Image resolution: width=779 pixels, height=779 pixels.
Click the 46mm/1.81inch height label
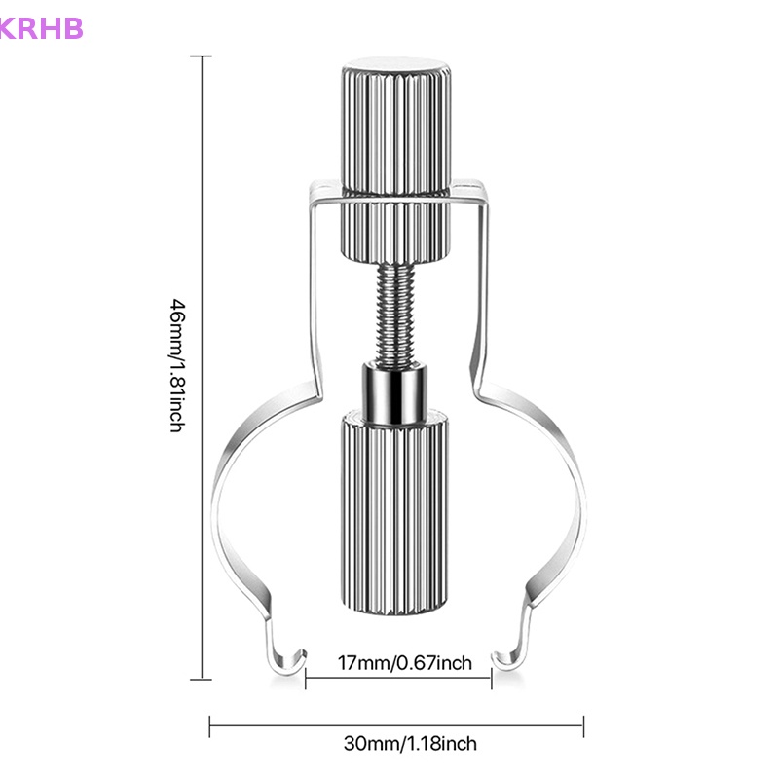tap(176, 366)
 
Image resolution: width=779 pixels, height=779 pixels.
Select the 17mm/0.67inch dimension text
tap(404, 663)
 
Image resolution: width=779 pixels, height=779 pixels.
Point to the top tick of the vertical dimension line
tap(204, 56)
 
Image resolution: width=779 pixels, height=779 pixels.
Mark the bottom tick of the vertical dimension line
tap(204, 678)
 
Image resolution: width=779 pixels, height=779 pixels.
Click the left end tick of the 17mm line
tap(306, 679)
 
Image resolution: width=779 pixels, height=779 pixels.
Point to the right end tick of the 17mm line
tap(492, 679)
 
